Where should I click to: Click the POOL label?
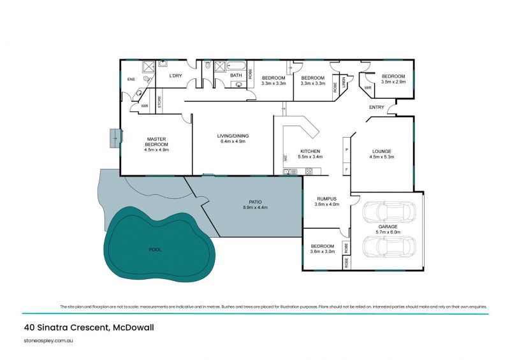point(155,250)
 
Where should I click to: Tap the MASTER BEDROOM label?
point(156,141)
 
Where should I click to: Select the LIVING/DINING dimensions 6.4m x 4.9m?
point(231,141)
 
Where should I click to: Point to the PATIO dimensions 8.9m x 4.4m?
point(252,208)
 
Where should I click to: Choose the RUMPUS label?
point(326,199)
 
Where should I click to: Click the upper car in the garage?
point(388,212)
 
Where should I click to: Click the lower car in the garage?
point(388,247)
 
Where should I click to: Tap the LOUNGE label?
point(382,151)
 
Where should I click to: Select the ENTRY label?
point(376,107)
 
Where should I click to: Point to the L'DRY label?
point(176,76)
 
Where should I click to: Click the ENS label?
point(131,80)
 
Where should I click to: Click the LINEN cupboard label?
point(343,83)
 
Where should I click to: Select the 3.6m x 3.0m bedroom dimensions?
point(323,252)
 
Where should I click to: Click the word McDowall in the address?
point(134,328)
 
